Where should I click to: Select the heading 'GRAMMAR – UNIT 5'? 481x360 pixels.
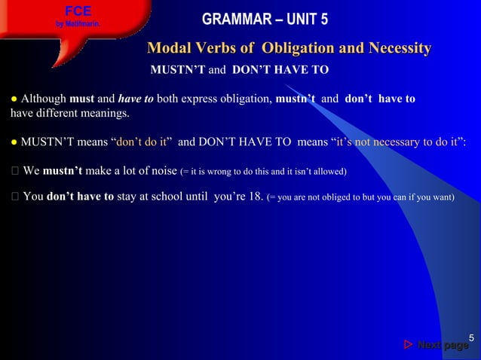[265, 19]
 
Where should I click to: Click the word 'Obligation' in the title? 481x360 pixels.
[298, 49]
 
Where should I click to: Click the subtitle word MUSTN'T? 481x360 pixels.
[178, 71]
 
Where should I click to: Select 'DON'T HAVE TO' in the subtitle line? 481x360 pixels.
[280, 71]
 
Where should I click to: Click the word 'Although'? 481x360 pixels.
[43, 99]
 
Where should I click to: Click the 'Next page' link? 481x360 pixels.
[443, 346]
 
